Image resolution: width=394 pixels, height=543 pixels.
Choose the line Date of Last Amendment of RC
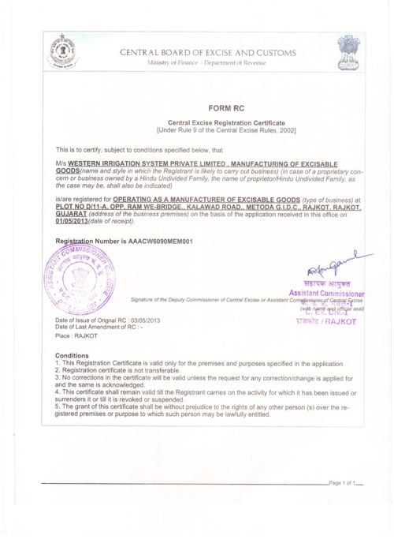[100, 326]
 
